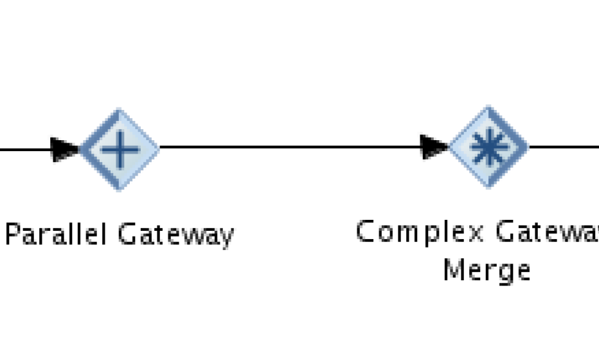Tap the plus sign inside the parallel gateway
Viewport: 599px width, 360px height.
120,150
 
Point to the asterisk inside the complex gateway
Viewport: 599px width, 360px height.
488,147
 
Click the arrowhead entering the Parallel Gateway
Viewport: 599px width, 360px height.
64,149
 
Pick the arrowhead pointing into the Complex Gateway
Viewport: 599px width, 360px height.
434,147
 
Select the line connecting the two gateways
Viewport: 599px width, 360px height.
289,147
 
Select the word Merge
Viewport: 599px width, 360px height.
487,270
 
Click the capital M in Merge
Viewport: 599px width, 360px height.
454,269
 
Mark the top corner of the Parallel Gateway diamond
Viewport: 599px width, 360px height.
120,111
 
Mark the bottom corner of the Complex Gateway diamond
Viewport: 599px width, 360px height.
488,187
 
